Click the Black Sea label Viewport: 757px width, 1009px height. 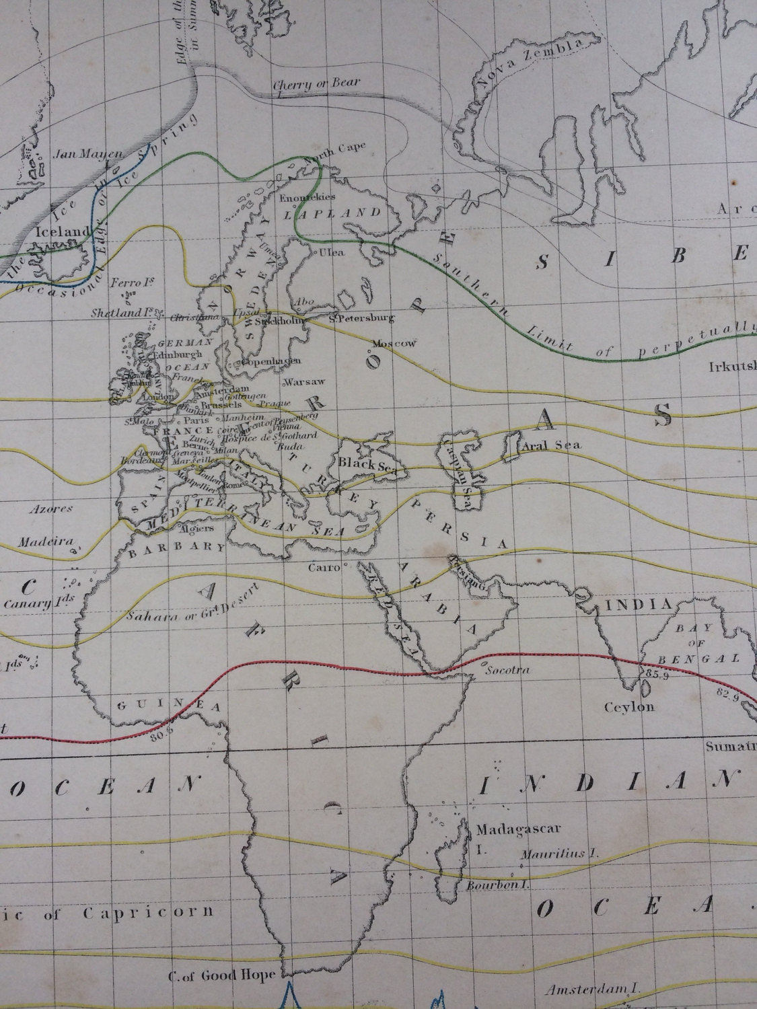pyautogui.click(x=363, y=463)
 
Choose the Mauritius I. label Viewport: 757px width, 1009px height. pyautogui.click(x=559, y=854)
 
